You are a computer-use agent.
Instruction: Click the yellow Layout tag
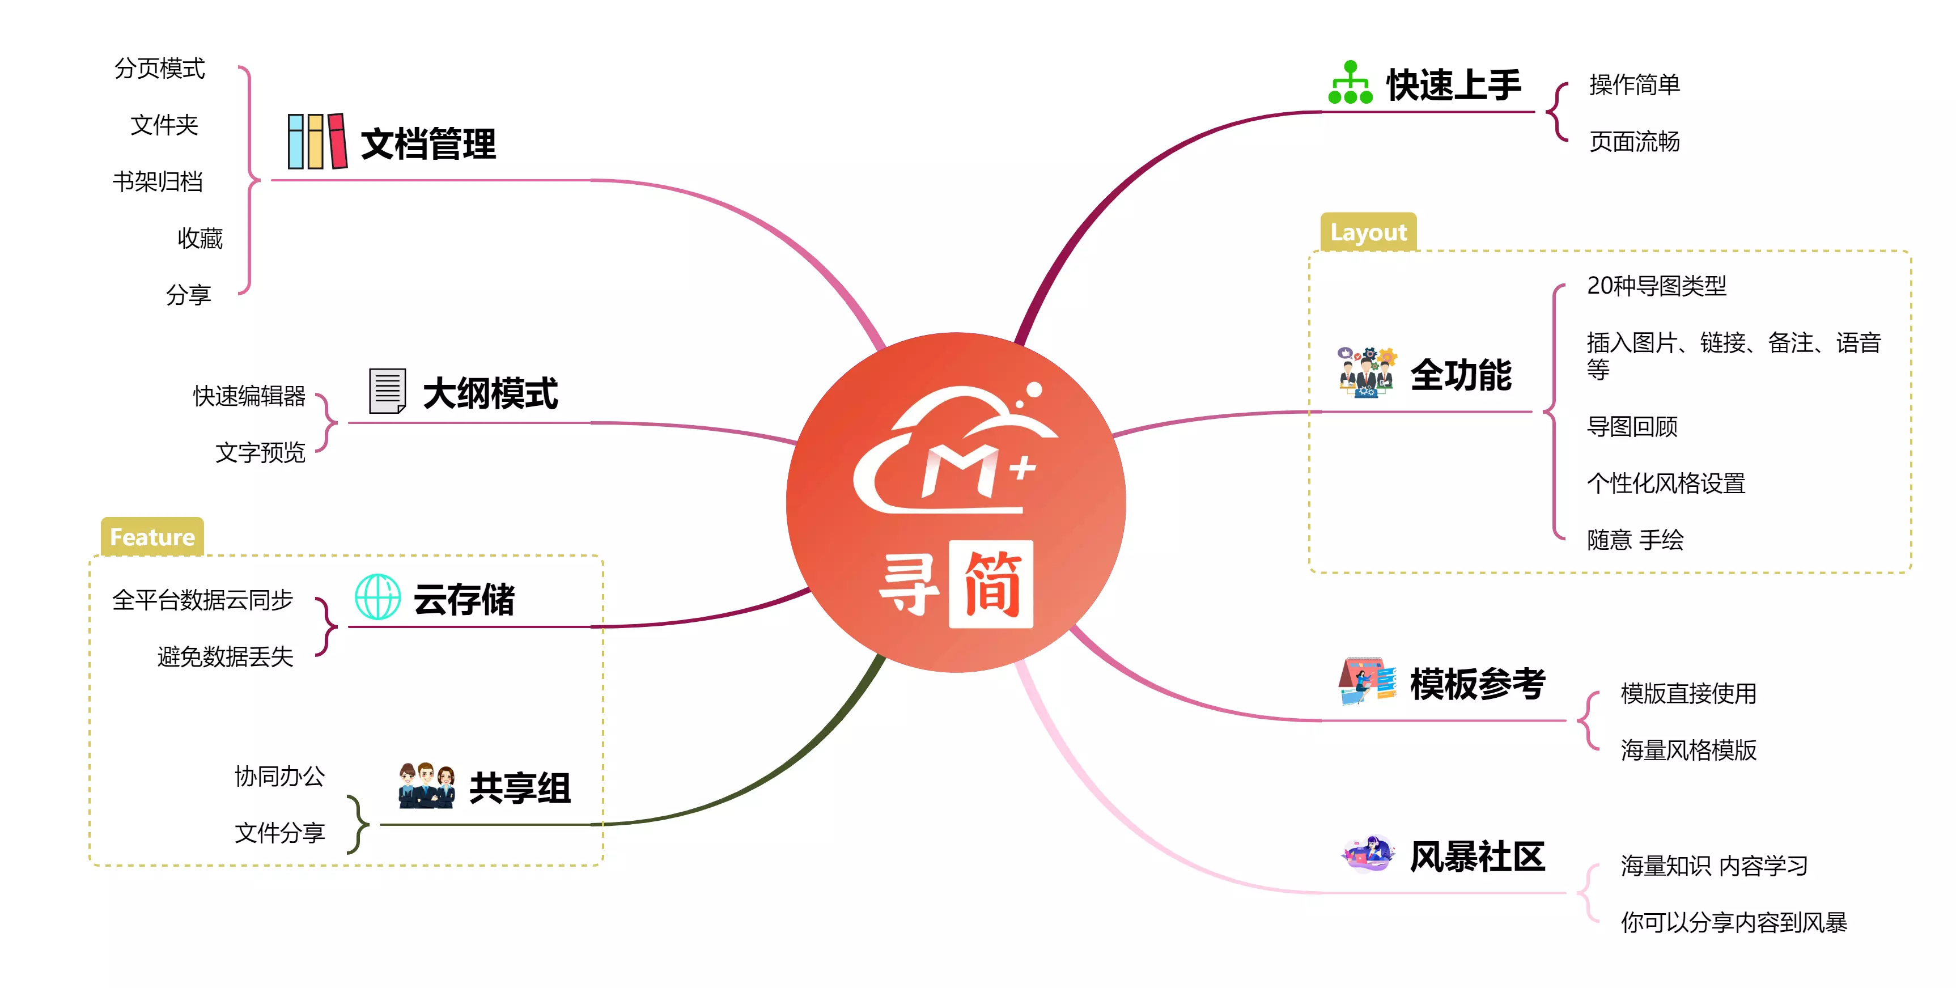(1368, 232)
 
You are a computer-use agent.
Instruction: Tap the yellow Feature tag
(152, 537)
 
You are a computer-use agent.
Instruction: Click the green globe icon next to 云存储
(377, 597)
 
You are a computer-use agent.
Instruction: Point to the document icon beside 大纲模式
(387, 391)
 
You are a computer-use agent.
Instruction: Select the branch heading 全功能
(1461, 375)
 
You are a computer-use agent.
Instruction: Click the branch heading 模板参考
(1477, 684)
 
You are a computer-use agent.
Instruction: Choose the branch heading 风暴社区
(1477, 856)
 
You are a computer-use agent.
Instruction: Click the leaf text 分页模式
(159, 69)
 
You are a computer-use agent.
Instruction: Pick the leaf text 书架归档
(158, 181)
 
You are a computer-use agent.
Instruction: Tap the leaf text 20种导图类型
(1656, 286)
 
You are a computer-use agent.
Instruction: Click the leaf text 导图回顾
(1632, 427)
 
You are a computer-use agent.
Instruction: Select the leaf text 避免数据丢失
(225, 656)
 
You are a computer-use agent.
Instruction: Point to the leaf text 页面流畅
(1634, 141)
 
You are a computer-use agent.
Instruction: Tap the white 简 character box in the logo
(991, 584)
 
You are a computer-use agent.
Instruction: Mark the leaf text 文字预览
(260, 452)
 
